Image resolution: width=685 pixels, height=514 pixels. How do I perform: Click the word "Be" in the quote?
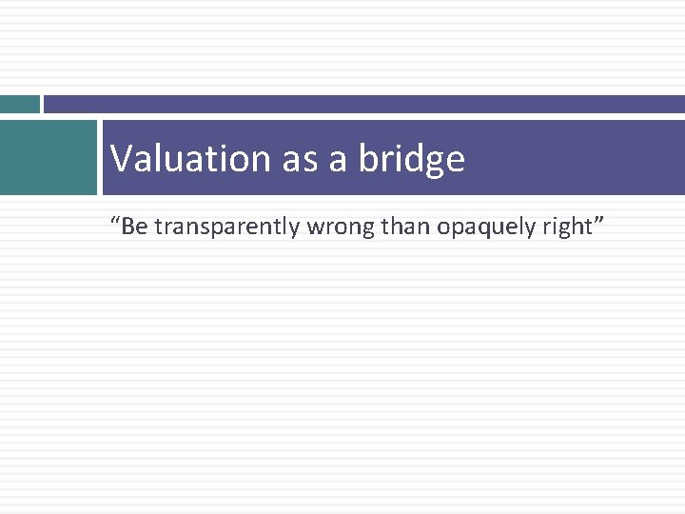tap(133, 227)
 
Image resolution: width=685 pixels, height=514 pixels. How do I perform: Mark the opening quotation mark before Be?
tap(115, 221)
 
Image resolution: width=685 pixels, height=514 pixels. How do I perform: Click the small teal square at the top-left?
tap(19, 104)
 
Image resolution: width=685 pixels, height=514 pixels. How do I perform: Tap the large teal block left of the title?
tap(49, 157)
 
